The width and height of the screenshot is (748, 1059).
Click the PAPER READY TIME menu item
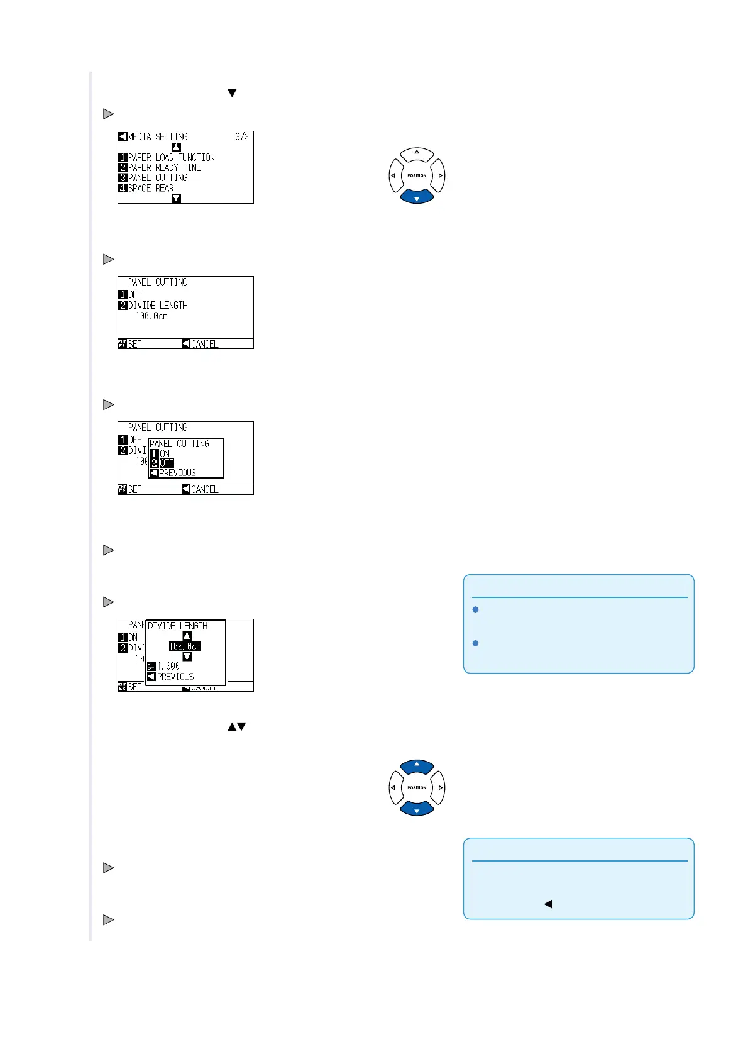pyautogui.click(x=164, y=168)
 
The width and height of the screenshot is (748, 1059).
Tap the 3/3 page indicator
pyautogui.click(x=242, y=136)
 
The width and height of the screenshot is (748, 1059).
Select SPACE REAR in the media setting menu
pyautogui.click(x=151, y=188)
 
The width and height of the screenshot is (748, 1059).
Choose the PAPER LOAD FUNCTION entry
pyautogui.click(x=171, y=157)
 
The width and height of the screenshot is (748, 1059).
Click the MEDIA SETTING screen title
pyautogui.click(x=158, y=136)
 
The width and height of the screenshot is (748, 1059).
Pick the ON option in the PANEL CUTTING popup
pyautogui.click(x=164, y=453)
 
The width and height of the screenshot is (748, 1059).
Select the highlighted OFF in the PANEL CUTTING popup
pyautogui.click(x=166, y=463)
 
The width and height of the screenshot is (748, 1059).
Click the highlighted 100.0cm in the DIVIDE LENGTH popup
pyautogui.click(x=185, y=646)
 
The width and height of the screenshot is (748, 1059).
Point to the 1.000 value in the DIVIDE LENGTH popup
pyautogui.click(x=168, y=667)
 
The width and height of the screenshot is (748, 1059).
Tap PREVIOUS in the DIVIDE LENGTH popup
pyautogui.click(x=175, y=677)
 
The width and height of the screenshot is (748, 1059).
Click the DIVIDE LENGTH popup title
pyautogui.click(x=177, y=626)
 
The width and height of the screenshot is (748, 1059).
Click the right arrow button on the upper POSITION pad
pyautogui.click(x=440, y=175)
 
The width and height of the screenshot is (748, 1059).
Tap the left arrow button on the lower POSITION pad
pyautogui.click(x=393, y=787)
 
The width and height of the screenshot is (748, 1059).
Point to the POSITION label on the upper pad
pyautogui.click(x=417, y=175)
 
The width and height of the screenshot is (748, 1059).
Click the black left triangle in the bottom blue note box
pyautogui.click(x=547, y=904)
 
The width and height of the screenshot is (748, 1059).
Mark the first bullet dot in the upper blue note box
pyautogui.click(x=476, y=609)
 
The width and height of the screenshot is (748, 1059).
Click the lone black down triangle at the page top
pyautogui.click(x=232, y=93)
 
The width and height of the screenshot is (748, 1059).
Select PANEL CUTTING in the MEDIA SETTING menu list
pyautogui.click(x=158, y=178)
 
